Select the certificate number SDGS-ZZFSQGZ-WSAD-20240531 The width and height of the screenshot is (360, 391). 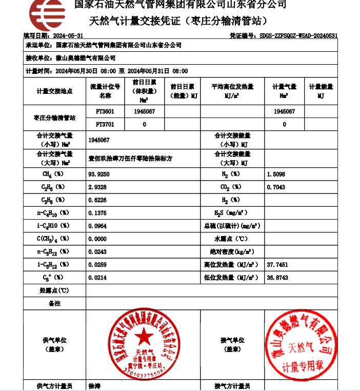pyautogui.click(x=298, y=36)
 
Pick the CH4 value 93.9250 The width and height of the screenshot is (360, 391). pyautogui.click(x=99, y=174)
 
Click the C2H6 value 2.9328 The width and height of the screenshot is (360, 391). pyautogui.click(x=97, y=187)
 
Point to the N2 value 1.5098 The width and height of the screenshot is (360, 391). pyautogui.click(x=276, y=174)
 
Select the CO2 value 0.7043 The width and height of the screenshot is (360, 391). pyautogui.click(x=276, y=187)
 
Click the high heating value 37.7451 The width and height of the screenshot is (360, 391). pyautogui.click(x=277, y=265)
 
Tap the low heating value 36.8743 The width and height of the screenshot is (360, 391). pyautogui.click(x=277, y=278)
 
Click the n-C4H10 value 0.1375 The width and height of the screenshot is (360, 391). pyautogui.click(x=97, y=213)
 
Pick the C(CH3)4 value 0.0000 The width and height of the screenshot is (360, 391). pyautogui.click(x=97, y=239)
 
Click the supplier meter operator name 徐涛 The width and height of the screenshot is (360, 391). pyautogui.click(x=95, y=386)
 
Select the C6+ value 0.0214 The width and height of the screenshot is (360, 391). pyautogui.click(x=97, y=278)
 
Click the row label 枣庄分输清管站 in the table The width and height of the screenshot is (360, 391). pyautogui.click(x=54, y=118)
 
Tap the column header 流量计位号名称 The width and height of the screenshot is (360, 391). pyautogui.click(x=105, y=91)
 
